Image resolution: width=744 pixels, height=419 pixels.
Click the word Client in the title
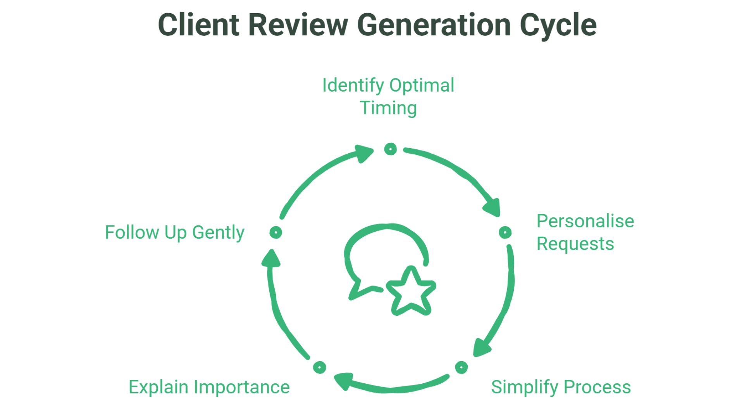[x=198, y=25]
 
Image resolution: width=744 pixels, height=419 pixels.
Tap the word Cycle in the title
[x=558, y=26]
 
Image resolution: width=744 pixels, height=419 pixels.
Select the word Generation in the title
[x=434, y=25]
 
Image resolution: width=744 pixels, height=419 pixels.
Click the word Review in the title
[x=298, y=25]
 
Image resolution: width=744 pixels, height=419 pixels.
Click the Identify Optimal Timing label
[x=388, y=96]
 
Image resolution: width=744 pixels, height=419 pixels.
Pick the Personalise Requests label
[x=585, y=232]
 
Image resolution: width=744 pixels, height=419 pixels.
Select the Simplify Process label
[x=561, y=387]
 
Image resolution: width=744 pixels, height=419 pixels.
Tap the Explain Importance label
[x=209, y=387]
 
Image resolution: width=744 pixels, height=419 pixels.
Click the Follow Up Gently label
[x=174, y=232]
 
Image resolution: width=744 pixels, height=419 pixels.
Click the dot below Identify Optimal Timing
[x=390, y=149]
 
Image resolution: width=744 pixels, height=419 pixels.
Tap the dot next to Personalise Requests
[x=505, y=232]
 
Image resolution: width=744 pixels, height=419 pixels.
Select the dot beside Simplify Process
[x=461, y=367]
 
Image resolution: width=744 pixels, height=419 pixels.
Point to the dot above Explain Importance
[x=319, y=367]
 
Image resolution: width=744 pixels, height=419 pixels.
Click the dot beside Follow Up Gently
[x=276, y=232]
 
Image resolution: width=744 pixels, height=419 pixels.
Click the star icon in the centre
[x=411, y=292]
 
